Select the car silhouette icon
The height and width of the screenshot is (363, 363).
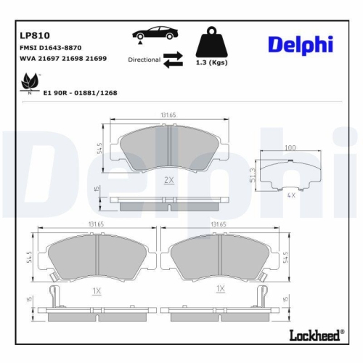click(154, 33)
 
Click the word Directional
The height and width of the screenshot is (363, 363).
click(144, 60)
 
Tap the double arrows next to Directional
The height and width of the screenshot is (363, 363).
click(174, 60)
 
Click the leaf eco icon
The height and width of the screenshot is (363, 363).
click(30, 82)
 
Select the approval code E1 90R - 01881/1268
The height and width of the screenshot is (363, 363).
click(80, 93)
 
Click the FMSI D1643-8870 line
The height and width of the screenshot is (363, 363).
click(55, 46)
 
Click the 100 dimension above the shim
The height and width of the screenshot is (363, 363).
click(290, 148)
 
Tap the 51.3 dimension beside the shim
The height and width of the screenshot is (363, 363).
click(252, 174)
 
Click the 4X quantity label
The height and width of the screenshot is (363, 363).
click(291, 195)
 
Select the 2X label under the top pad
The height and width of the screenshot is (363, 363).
click(168, 179)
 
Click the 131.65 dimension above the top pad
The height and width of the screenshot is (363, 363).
click(168, 115)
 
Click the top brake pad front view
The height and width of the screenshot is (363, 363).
click(168, 149)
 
